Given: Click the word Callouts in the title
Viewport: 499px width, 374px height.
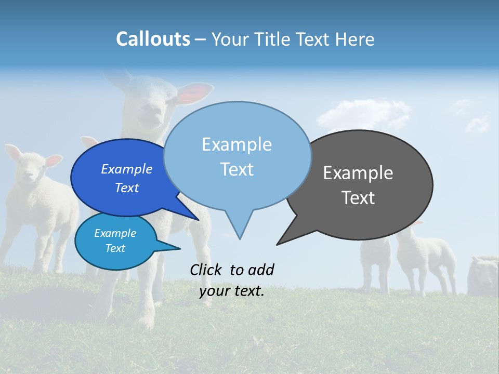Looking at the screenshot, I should [153, 39].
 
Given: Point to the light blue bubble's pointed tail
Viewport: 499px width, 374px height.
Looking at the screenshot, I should [239, 229].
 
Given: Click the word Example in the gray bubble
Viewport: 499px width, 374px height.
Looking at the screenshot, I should [358, 173].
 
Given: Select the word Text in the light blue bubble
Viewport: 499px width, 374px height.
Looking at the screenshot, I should [237, 169].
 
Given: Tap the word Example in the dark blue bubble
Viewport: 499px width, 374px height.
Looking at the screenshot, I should [126, 169].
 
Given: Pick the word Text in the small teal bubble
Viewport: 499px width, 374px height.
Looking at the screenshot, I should [115, 248].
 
